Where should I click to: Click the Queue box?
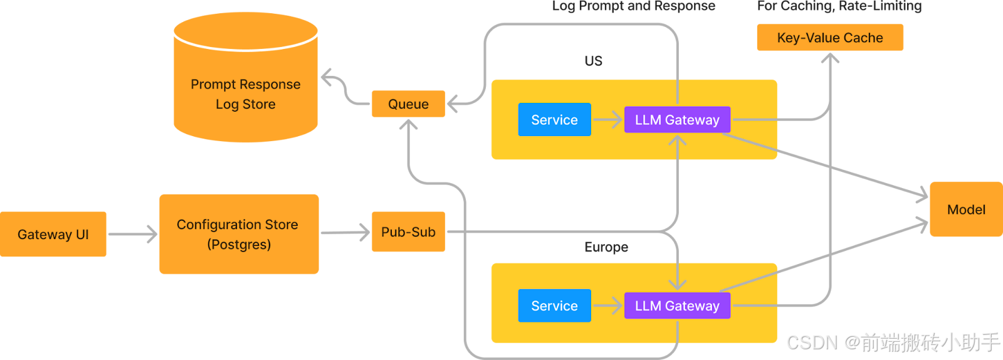click(x=408, y=104)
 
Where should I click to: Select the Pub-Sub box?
click(x=408, y=232)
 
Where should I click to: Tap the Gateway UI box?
click(x=53, y=234)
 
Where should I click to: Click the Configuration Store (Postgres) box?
click(x=239, y=234)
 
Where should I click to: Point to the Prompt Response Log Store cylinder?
click(x=246, y=77)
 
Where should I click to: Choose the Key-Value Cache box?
click(x=830, y=37)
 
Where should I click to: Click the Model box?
click(x=966, y=209)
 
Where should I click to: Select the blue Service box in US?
click(x=554, y=120)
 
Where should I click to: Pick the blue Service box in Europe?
click(x=554, y=306)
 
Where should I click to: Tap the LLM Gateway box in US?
click(x=677, y=120)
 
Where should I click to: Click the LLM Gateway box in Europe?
click(x=677, y=306)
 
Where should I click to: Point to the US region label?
click(x=593, y=61)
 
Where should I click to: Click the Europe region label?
click(x=606, y=247)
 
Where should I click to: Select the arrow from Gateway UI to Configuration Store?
click(x=133, y=234)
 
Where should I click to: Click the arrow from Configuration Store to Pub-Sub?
click(x=345, y=233)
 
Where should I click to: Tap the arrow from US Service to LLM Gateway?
click(x=607, y=120)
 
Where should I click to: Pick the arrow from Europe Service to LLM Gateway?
click(x=607, y=306)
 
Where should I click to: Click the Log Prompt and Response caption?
click(x=634, y=6)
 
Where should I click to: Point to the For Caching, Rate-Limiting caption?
click(x=839, y=6)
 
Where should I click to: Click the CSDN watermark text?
click(x=893, y=342)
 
